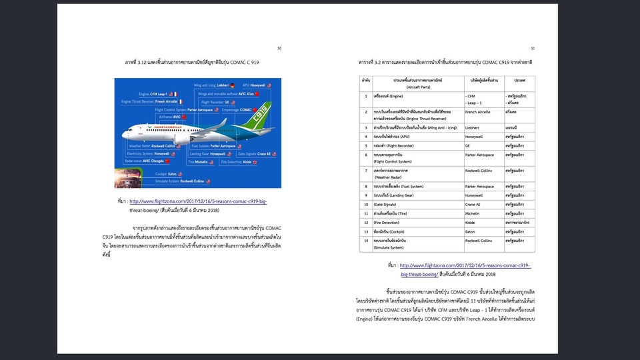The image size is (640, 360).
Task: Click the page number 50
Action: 279,48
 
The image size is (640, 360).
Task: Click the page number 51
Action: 533,48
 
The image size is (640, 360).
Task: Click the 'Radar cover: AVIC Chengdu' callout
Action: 145,161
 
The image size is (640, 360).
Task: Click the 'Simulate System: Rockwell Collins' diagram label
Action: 179,181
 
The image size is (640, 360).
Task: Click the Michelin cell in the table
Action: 474,213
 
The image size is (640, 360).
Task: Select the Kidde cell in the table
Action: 471,222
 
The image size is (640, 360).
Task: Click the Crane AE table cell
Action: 474,204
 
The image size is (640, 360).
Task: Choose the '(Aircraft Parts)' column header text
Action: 412,87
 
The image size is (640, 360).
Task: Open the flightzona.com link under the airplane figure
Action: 198,201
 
